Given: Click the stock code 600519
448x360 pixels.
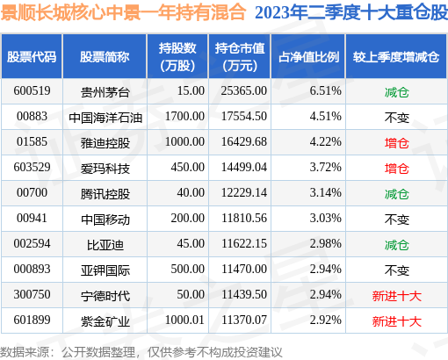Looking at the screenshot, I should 33,90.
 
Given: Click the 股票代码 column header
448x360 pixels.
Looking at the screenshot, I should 33,57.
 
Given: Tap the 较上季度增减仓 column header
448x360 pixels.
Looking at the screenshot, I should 396,57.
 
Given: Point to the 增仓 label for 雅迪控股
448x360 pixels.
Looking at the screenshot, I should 397,141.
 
